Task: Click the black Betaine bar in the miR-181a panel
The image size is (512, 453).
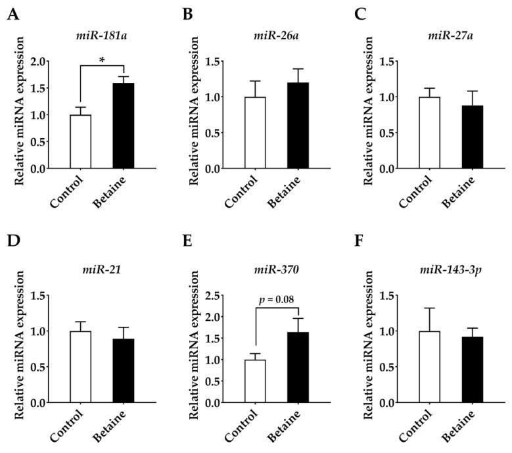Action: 123,126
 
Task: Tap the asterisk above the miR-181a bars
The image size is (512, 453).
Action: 102,59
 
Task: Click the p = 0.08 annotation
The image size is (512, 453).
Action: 276,300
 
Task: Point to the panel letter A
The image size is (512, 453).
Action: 11,15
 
